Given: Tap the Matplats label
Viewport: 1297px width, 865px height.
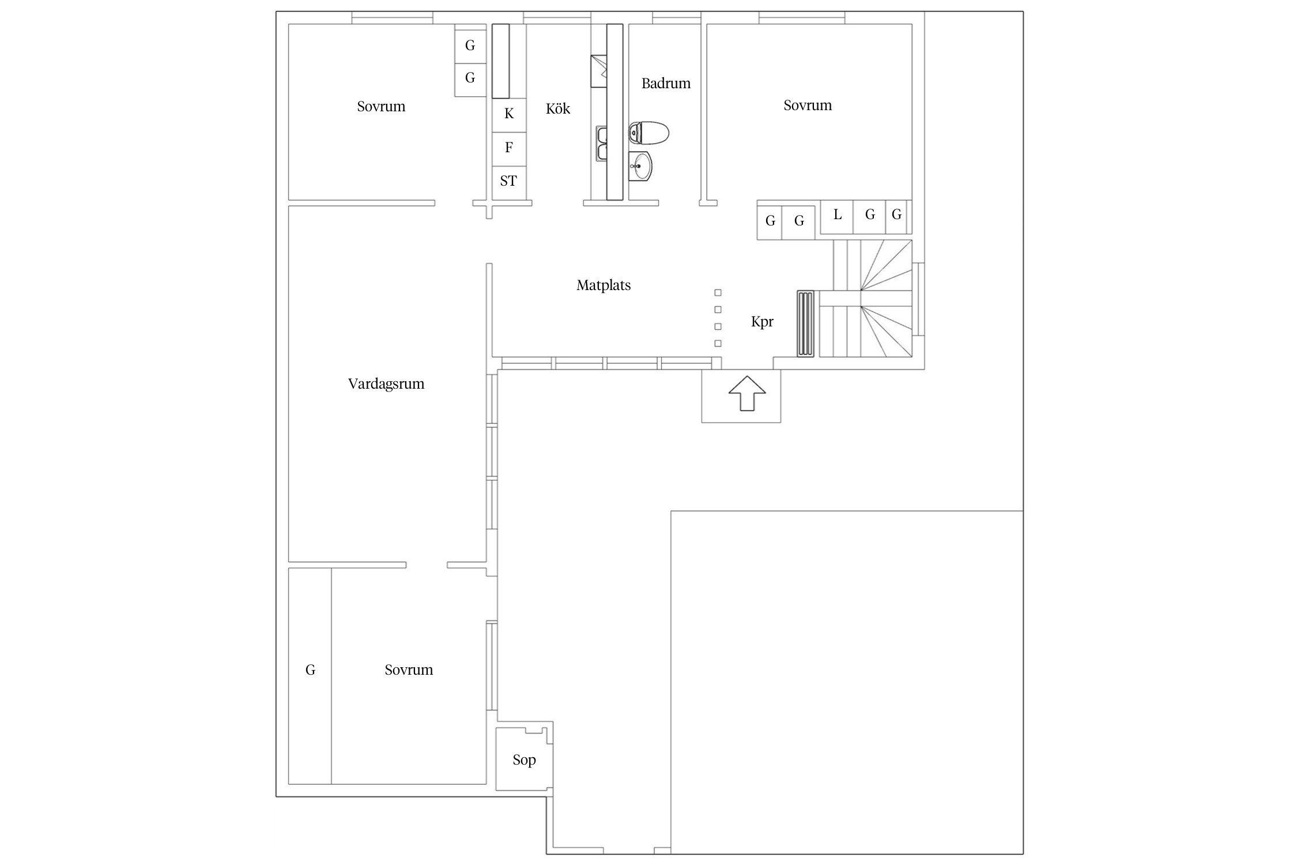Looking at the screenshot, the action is [604, 285].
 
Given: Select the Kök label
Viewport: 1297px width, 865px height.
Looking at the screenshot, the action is [558, 108].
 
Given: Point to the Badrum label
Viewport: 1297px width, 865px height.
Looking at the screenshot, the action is [666, 84].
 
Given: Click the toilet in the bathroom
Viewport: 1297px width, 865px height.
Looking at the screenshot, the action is [648, 133].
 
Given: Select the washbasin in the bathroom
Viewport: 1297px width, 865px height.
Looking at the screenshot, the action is [640, 167].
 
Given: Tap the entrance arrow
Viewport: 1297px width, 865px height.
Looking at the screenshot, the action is [747, 393].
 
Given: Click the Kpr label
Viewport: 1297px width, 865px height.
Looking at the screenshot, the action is [762, 322].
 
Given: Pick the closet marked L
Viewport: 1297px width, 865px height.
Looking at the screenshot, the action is [836, 216].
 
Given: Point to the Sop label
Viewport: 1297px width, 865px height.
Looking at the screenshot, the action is [524, 760].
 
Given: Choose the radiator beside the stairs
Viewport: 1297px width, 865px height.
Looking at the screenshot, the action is [806, 324].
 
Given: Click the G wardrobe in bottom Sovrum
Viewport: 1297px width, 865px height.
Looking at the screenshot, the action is [310, 676].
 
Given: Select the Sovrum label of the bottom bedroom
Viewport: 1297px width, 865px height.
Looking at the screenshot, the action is [409, 670].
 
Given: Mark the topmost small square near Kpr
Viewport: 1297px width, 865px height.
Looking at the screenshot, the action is [718, 293].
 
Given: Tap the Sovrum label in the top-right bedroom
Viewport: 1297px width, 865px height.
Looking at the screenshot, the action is [808, 106].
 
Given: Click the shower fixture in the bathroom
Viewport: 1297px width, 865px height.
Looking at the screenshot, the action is [599, 71].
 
